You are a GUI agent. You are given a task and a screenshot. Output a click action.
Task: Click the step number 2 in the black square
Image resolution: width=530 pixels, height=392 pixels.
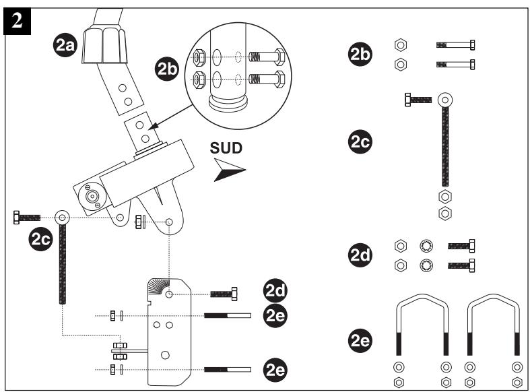click(18, 21)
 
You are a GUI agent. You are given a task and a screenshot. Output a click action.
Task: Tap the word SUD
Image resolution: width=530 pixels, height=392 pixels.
click(226, 148)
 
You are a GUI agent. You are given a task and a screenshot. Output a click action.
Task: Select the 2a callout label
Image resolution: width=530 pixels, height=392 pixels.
click(65, 45)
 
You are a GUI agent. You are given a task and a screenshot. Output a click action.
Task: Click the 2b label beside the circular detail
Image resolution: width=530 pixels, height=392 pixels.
click(167, 69)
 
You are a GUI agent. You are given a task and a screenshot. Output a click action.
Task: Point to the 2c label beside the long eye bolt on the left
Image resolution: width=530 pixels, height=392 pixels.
click(41, 239)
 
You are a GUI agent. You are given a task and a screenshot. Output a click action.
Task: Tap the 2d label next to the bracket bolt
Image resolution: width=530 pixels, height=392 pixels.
click(275, 290)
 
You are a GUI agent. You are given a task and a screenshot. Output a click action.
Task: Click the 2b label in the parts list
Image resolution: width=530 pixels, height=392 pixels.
click(360, 54)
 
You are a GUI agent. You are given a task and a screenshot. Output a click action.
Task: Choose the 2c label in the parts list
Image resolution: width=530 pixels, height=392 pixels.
click(360, 141)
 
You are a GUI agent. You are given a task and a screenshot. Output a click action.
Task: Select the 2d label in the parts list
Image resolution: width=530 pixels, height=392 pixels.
click(360, 255)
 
